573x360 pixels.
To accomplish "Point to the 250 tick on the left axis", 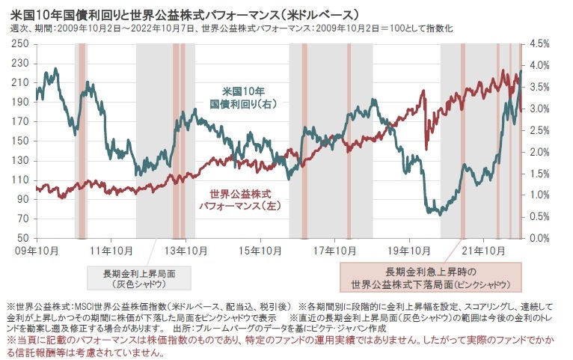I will coord(22,44).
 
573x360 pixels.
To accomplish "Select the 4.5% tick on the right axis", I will coord(539,44).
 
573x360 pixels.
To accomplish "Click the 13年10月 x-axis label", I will coord(186,249).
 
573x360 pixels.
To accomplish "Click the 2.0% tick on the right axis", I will coord(539,152).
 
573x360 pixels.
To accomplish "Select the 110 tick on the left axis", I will coord(22,180).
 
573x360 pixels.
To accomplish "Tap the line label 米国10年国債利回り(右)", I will coord(242,98).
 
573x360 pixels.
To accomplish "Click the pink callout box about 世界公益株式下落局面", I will coord(432,278).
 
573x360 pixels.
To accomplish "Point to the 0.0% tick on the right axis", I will coord(539,238).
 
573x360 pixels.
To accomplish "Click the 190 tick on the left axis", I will coord(22,103).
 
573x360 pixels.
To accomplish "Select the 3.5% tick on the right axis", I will coord(539,87).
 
